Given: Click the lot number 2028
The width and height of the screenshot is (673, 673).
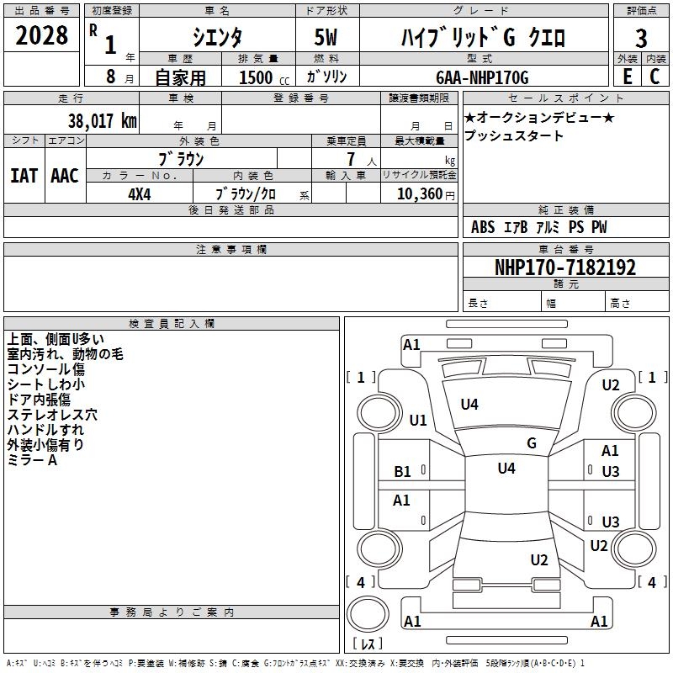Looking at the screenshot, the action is (41, 38).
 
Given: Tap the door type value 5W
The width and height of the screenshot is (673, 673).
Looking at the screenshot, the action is (326, 38).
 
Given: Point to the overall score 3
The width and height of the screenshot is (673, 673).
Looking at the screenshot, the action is (641, 39).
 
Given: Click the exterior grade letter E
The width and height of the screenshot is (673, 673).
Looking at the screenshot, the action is (627, 77).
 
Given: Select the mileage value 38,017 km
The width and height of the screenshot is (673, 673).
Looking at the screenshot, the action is (102, 121).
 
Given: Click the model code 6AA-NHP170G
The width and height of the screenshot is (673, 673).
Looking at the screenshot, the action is (482, 77).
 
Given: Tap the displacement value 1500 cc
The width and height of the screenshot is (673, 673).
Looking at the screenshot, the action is (261, 77).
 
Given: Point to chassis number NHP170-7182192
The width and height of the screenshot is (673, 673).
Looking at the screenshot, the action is (564, 268).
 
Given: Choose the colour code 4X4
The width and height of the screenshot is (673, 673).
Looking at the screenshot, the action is (140, 193).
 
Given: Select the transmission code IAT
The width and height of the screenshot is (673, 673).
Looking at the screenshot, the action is (24, 176).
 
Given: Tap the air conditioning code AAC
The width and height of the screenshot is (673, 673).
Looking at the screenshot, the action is (65, 176).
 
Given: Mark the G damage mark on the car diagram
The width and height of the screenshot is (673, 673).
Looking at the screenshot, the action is (532, 443).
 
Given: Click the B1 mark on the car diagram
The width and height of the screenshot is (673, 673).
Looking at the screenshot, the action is (403, 472).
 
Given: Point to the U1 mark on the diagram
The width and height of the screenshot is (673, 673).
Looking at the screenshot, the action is (418, 421).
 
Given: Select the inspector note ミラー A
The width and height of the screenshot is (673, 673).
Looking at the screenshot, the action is (32, 460).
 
